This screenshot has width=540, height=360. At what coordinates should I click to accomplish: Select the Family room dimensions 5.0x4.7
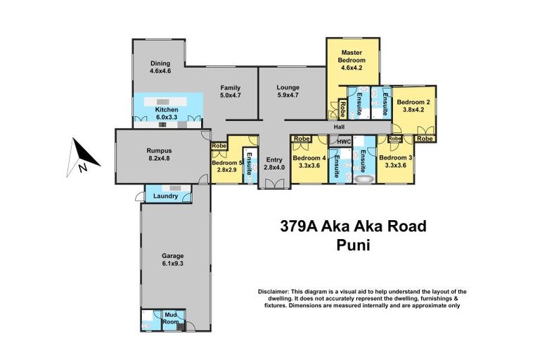tap(231, 96)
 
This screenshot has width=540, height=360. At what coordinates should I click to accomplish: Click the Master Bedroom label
tap(352, 57)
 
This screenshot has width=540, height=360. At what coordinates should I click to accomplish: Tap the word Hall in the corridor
tap(339, 127)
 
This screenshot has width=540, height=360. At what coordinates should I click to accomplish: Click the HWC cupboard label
tap(344, 142)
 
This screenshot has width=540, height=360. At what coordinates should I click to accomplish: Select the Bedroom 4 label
tap(309, 158)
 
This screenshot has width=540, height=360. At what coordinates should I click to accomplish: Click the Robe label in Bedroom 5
tap(219, 146)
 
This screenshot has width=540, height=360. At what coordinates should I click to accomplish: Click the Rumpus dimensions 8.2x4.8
tap(159, 158)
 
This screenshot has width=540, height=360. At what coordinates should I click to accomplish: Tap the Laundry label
tap(165, 195)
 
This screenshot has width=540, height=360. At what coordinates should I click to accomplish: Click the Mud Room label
tap(171, 318)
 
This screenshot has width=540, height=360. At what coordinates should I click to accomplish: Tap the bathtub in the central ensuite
tap(363, 180)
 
